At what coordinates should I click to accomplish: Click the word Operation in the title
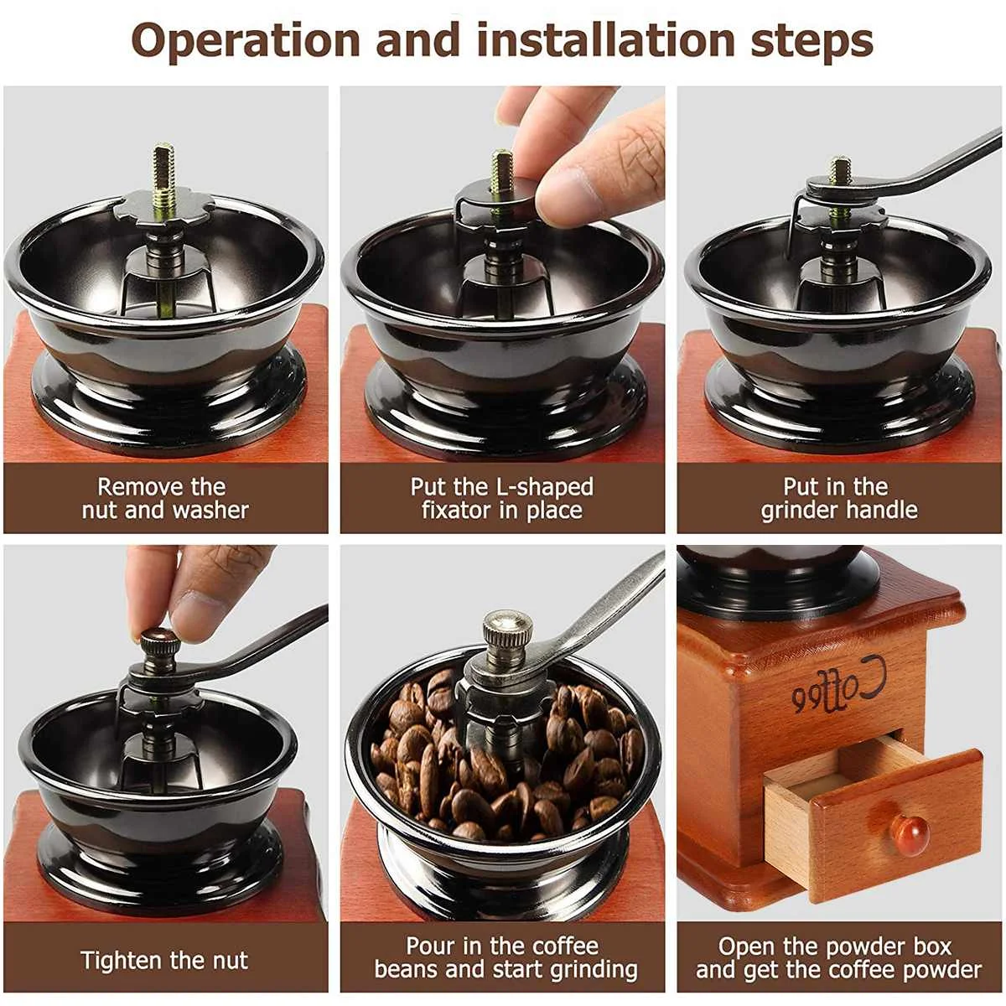246,42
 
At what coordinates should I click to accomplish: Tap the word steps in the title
812,42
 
